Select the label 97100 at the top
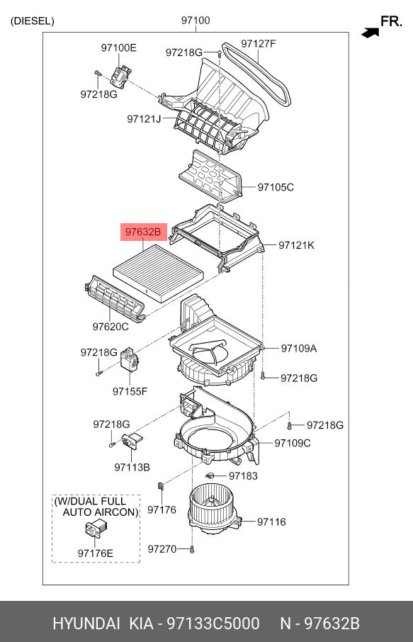(196, 21)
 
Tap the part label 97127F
(258, 44)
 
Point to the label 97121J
(145, 118)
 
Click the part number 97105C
(275, 188)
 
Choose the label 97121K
(295, 245)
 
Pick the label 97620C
(111, 327)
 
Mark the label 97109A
(298, 348)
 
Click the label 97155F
(130, 390)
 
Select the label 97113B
(132, 467)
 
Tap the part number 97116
(271, 522)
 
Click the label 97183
(243, 475)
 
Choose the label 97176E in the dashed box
(96, 553)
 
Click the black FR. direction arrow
(370, 32)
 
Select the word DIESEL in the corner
(32, 21)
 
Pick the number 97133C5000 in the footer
(213, 624)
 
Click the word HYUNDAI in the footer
(86, 624)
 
